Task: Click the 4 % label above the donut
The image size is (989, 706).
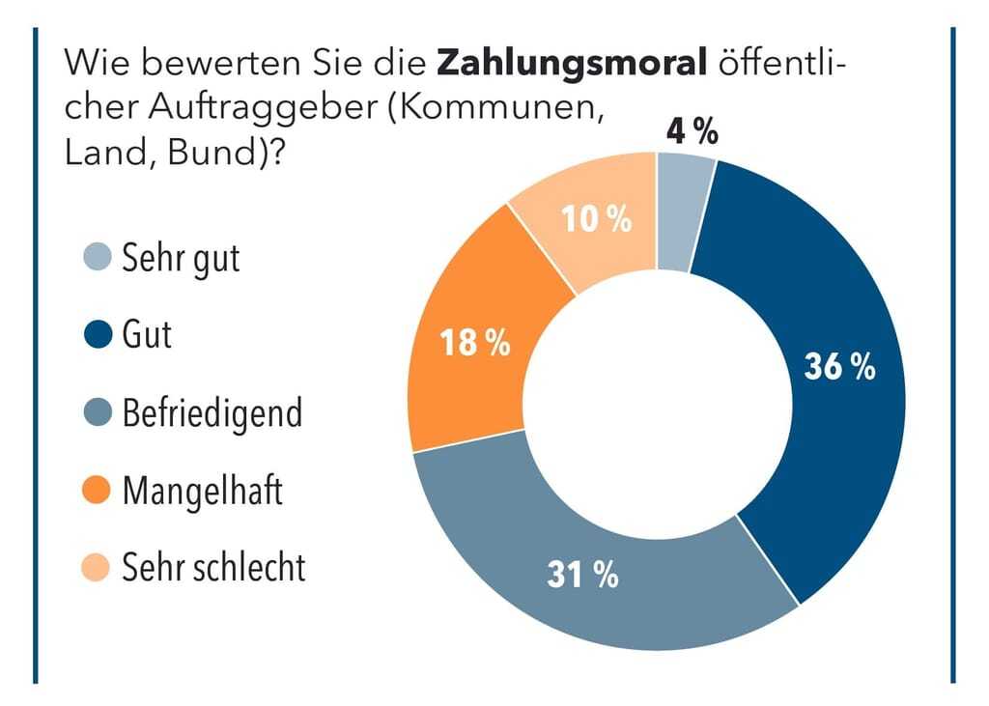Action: pos(692,132)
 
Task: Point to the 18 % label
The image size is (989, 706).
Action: pos(474,342)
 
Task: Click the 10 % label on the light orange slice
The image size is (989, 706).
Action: pos(597,219)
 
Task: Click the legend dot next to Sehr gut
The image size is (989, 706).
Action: pos(97,259)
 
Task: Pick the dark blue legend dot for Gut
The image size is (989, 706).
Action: pos(97,335)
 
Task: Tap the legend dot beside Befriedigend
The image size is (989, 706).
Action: pos(97,413)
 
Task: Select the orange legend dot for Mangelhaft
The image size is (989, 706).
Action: pos(97,491)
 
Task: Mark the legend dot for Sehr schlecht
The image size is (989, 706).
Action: pos(97,568)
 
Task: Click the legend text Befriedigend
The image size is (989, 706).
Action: pos(212,413)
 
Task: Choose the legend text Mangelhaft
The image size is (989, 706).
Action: pos(202,491)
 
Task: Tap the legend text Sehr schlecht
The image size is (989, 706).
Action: pos(213,568)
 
